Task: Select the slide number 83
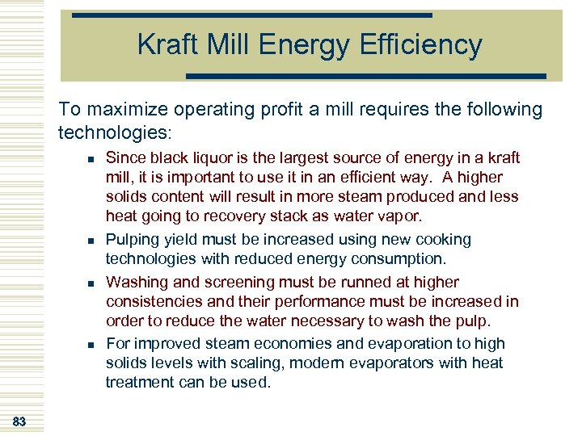(x=19, y=421)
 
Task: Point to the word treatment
(x=139, y=383)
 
